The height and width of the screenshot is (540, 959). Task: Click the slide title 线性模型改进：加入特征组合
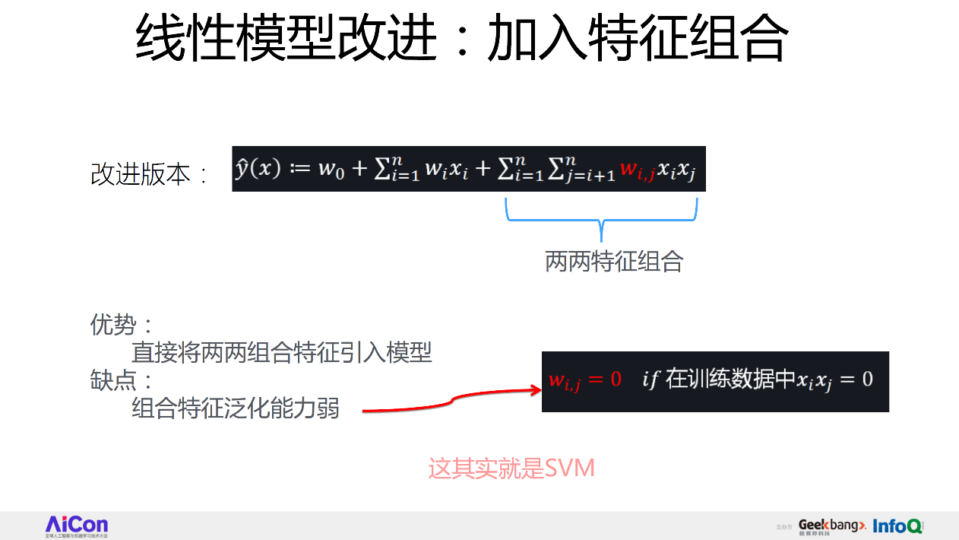tap(461, 40)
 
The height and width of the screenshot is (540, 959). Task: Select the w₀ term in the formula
tap(331, 169)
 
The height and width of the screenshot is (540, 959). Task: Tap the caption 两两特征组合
tap(614, 262)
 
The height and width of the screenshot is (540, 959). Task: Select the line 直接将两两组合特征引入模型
tap(282, 353)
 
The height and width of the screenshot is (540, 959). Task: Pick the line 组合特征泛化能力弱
tap(236, 408)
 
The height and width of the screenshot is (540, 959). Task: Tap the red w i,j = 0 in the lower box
tap(584, 380)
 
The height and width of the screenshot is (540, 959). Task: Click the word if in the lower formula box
tap(650, 379)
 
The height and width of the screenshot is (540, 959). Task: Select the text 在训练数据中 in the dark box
tap(730, 379)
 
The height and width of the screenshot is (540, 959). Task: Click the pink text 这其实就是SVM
tap(511, 468)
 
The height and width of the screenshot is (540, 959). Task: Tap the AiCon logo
tap(77, 526)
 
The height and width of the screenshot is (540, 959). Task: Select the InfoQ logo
tap(897, 526)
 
